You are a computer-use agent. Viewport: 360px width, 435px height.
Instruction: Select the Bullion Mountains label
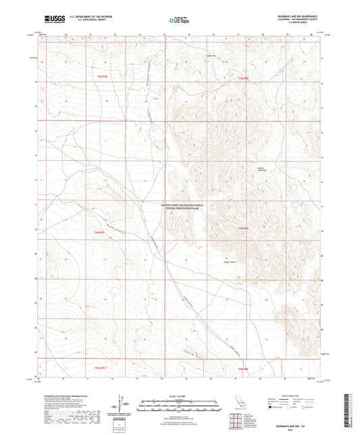263,170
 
